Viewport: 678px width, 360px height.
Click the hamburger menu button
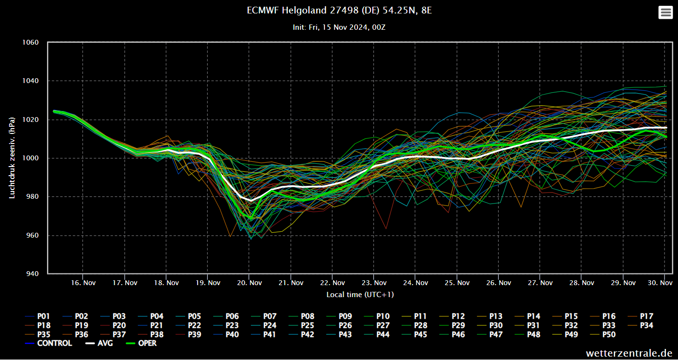666,12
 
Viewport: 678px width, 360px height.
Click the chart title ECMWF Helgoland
339,10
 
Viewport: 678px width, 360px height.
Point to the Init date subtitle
339,27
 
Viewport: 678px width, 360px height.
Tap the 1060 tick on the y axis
31,43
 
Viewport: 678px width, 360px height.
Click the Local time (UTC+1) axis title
360,295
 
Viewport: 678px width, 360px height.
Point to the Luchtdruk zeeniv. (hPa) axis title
12,157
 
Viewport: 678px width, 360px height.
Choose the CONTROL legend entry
54,343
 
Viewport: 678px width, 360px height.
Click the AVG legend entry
105,343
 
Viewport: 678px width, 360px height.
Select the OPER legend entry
147,343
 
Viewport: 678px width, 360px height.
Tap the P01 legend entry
43,316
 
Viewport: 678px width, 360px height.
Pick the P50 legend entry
608,335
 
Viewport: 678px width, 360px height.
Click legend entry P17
646,316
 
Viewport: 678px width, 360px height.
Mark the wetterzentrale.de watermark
629,353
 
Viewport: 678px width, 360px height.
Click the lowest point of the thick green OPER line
250,218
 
